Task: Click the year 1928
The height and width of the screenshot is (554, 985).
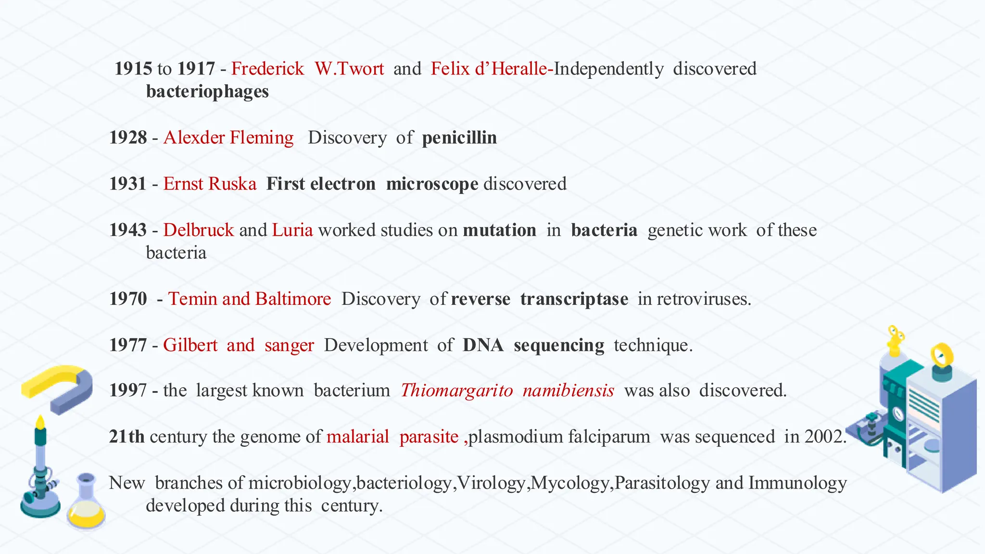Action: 128,138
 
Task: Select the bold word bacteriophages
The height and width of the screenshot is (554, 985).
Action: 207,91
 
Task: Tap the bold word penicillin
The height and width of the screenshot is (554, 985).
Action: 459,138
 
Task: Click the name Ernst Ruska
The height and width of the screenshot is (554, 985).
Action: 210,184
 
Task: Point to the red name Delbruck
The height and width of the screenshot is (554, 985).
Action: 198,230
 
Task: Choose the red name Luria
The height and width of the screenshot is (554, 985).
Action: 292,230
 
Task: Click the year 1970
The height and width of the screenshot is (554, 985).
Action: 128,299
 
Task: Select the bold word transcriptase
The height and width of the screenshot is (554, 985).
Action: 574,299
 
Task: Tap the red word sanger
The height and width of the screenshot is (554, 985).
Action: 289,345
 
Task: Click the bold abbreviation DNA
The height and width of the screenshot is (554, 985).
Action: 483,345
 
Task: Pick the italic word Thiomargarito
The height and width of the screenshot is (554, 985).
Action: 457,390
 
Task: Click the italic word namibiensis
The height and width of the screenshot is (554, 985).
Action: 568,390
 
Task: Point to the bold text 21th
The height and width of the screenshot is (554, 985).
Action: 126,437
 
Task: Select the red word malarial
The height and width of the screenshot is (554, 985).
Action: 357,437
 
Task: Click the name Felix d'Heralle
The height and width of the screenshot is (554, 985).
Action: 489,69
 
